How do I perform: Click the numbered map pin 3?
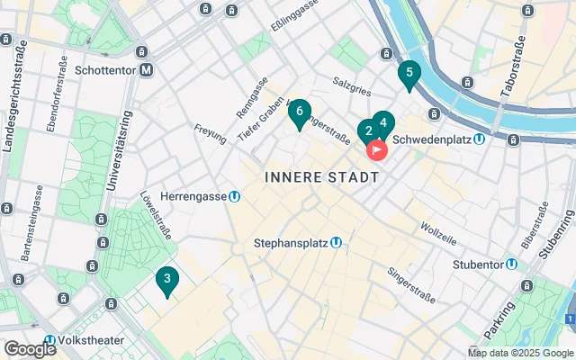click(x=166, y=280)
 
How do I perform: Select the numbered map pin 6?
click(x=299, y=112)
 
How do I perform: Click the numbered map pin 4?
click(x=382, y=123)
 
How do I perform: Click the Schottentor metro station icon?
click(x=145, y=68)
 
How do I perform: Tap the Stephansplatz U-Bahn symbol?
click(x=336, y=242)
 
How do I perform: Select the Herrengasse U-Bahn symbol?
click(x=234, y=195)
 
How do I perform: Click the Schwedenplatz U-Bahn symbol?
click(x=481, y=139)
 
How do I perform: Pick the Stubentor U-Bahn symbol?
click(x=511, y=264)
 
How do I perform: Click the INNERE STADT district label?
click(x=321, y=177)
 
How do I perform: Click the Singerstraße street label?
click(x=409, y=271)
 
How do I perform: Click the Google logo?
click(x=30, y=349)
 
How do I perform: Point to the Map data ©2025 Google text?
click(x=520, y=353)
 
